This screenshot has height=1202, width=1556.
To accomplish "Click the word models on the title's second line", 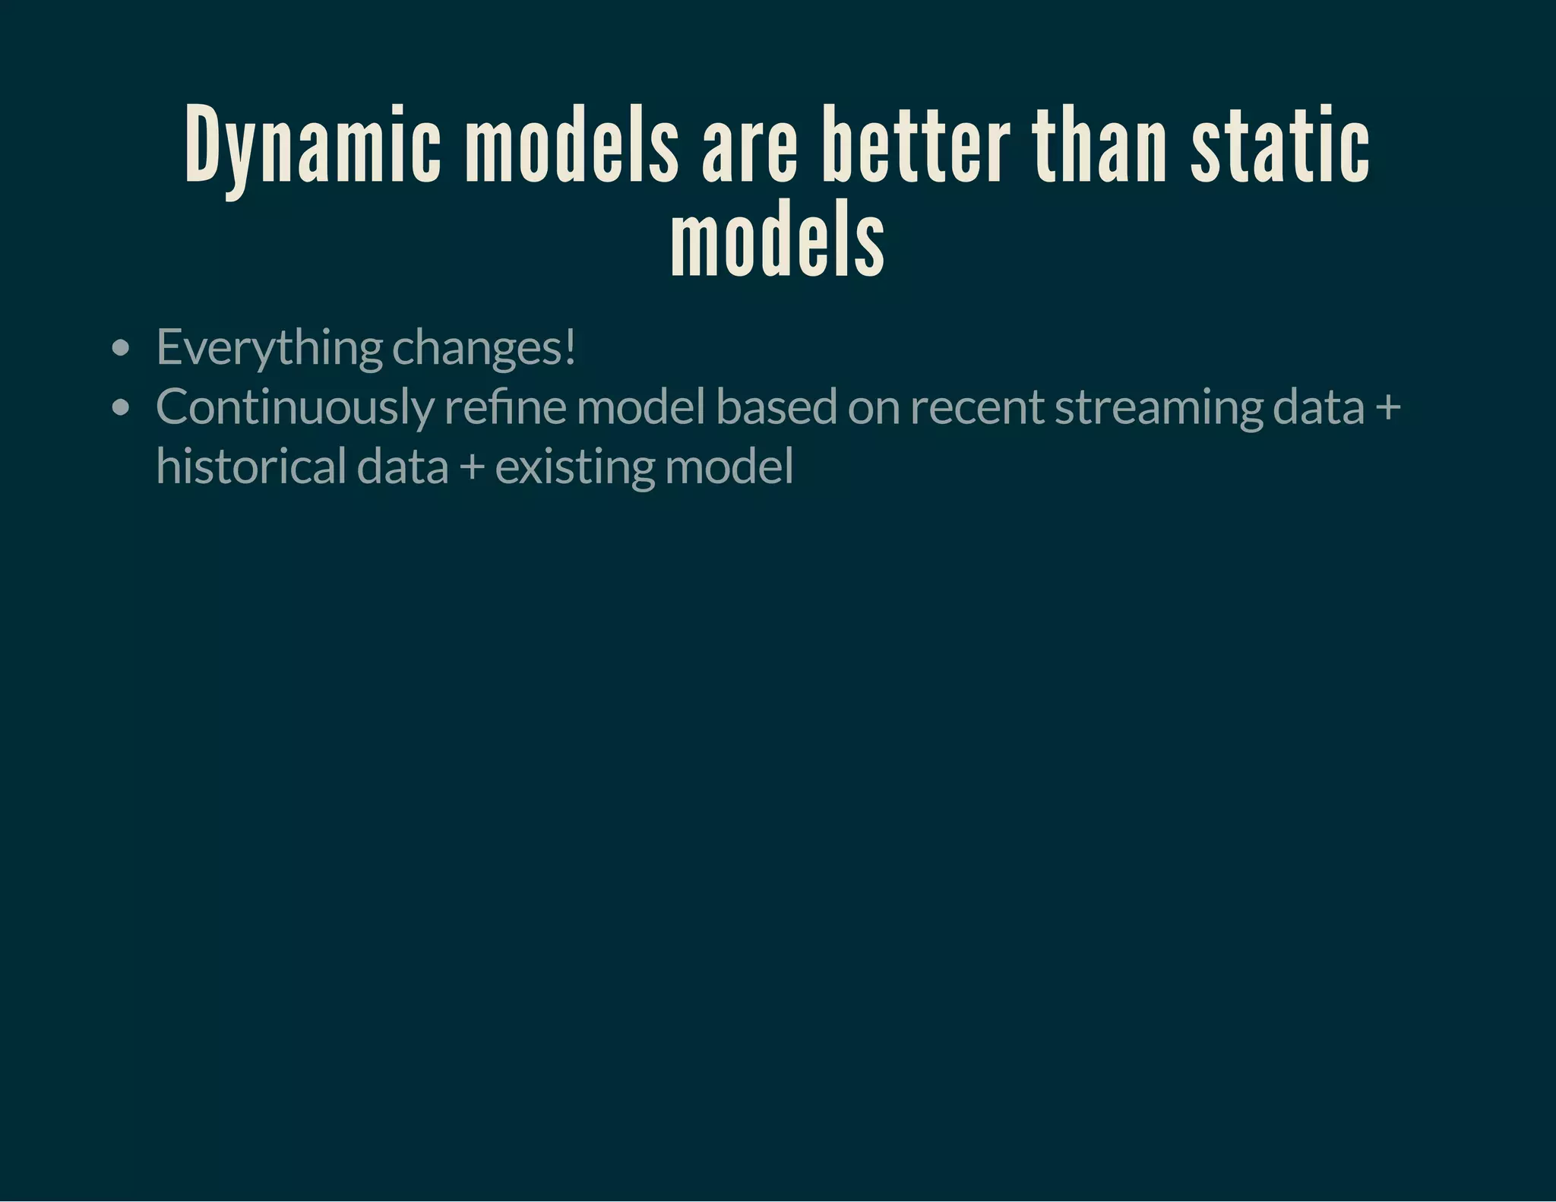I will [x=777, y=239].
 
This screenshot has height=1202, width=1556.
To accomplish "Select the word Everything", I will [x=269, y=348].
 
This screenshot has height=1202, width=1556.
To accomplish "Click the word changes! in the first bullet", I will [x=484, y=348].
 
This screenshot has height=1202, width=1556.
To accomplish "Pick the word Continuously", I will [x=295, y=408].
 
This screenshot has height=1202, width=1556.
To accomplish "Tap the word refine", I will [x=505, y=406].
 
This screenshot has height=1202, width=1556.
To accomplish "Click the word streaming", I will [x=1159, y=408].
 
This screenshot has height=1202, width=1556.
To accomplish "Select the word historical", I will [x=251, y=466].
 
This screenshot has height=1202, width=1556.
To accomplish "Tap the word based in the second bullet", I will [x=776, y=406].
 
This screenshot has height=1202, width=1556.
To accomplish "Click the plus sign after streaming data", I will [x=1387, y=408].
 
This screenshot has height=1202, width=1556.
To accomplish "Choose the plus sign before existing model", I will [x=472, y=467].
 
